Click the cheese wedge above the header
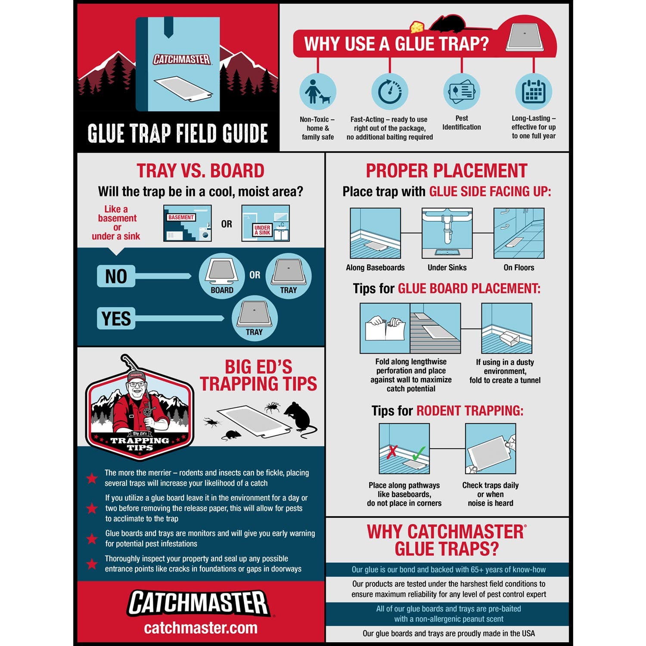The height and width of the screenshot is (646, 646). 416,27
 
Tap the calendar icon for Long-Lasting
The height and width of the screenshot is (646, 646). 534,91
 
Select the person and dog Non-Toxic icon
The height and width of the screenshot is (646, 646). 318,91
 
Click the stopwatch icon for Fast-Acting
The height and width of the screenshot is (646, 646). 390,91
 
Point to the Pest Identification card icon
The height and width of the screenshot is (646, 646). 461,91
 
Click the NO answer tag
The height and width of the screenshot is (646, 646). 116,276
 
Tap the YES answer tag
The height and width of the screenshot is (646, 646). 116,319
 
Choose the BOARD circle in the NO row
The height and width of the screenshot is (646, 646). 222,276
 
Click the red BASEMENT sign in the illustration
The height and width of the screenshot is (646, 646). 181,217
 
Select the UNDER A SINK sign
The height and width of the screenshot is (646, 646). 262,230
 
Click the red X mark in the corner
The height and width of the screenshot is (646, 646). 392,452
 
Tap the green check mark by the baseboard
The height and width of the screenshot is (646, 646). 418,453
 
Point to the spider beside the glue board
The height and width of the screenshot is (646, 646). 272,407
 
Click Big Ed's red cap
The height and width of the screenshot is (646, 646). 137,376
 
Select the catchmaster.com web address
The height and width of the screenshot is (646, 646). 201,628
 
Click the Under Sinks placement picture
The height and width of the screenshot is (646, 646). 447,233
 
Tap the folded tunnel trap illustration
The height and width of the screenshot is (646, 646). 506,328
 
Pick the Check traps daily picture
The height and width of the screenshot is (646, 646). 491,449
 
